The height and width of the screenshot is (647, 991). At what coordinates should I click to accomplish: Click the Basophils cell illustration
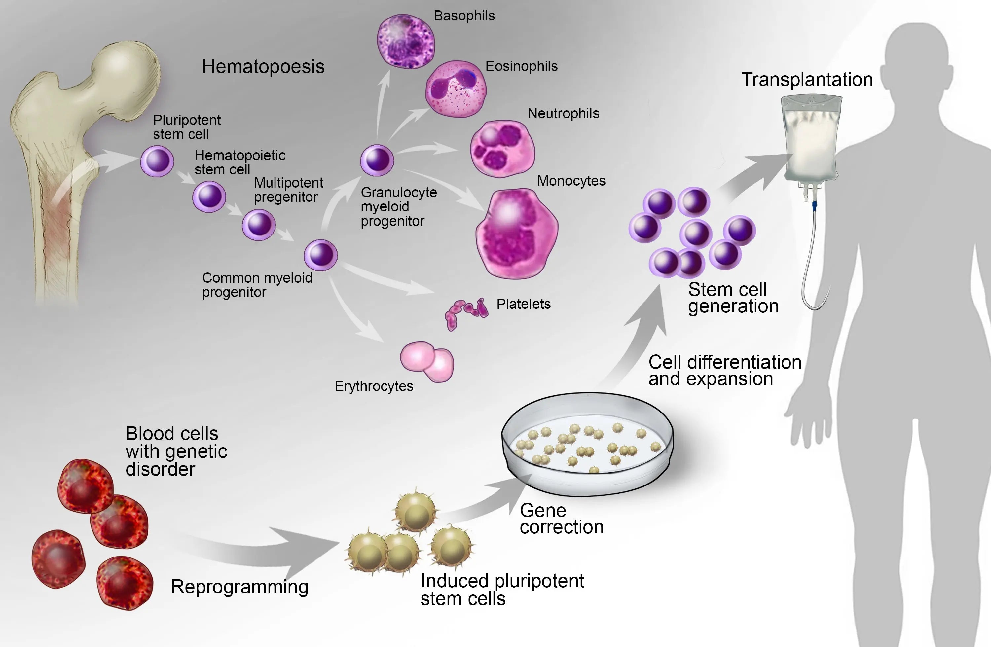pos(406,41)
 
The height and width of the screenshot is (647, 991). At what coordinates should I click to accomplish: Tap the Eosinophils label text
pos(521,66)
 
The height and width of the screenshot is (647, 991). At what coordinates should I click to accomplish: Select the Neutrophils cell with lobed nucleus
pos(502,149)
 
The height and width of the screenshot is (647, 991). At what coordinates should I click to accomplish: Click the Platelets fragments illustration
pos(465,312)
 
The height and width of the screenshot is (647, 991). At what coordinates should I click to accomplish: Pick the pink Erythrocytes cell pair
pos(427,361)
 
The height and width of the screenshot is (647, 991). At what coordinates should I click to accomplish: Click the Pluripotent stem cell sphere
pos(157,161)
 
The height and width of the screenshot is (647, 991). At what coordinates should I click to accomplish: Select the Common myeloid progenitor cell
pos(321,255)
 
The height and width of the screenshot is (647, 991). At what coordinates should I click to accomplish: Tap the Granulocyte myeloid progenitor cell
pos(377,160)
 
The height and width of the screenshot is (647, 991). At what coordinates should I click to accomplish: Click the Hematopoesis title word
pos(263,67)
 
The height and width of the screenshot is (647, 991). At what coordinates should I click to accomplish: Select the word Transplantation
pos(807,80)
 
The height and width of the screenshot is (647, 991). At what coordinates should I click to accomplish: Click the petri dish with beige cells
pos(587,445)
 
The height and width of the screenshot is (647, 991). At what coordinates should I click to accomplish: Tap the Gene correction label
pos(561,519)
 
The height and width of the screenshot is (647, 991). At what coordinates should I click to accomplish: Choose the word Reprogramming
pos(239,587)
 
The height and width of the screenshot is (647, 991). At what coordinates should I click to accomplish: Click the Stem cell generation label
pos(733,298)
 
